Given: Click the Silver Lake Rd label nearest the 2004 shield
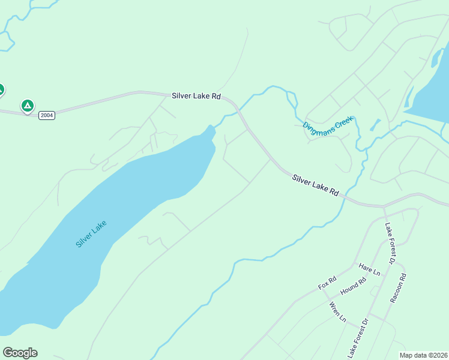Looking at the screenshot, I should coord(196,95).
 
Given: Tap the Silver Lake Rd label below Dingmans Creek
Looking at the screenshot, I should coord(316,185).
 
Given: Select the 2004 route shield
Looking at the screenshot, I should coord(47,115).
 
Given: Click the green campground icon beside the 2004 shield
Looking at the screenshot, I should coord(27,106).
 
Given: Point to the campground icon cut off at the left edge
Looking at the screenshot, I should coord(1,90).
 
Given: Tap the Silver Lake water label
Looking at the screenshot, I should coord(91,234).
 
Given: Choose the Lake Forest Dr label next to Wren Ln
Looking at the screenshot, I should coord(357,338).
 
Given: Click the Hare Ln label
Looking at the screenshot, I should coord(369,269).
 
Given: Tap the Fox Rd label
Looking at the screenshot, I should coord(327,283).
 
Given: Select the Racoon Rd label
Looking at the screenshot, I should coord(398,288).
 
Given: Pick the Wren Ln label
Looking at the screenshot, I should coord(337,312).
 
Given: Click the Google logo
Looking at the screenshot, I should coord(20,352).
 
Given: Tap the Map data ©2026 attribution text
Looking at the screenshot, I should coord(423,355).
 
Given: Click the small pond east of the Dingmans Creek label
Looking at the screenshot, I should coord(375,125).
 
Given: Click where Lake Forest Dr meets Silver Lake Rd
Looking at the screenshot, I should coord(384,207).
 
